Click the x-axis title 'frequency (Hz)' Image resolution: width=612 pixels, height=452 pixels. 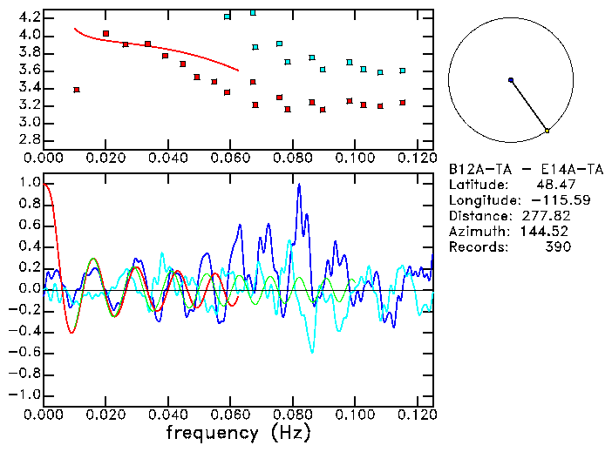(237, 433)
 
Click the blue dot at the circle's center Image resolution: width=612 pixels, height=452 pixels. (511, 80)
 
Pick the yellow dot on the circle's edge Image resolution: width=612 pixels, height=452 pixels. (547, 131)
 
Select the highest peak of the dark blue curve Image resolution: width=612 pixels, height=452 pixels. (299, 185)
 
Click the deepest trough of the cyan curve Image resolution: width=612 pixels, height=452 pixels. (312, 351)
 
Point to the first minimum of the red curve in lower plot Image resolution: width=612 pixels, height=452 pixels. (71, 333)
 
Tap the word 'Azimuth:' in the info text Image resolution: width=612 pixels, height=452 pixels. (476, 232)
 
